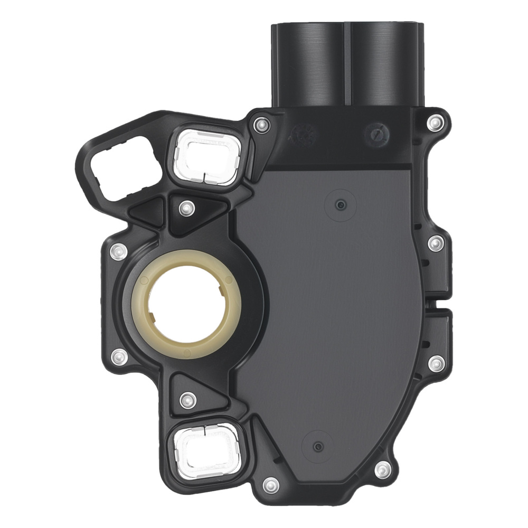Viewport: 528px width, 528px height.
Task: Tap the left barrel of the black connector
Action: pyautogui.click(x=307, y=63)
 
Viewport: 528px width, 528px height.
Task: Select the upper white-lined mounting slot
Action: pyautogui.click(x=206, y=157)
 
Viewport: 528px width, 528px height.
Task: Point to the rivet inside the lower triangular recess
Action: pyautogui.click(x=185, y=399)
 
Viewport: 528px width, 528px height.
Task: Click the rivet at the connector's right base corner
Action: pyautogui.click(x=435, y=123)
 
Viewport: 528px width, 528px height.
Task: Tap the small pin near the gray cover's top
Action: pyautogui.click(x=341, y=204)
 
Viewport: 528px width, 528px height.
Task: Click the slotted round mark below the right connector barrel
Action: pyautogui.click(x=376, y=133)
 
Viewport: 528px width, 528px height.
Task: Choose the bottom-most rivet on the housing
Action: pyautogui.click(x=270, y=483)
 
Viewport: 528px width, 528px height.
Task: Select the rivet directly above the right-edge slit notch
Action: pyautogui.click(x=435, y=243)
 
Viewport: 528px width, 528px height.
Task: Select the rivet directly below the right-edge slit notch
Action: pyautogui.click(x=436, y=362)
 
